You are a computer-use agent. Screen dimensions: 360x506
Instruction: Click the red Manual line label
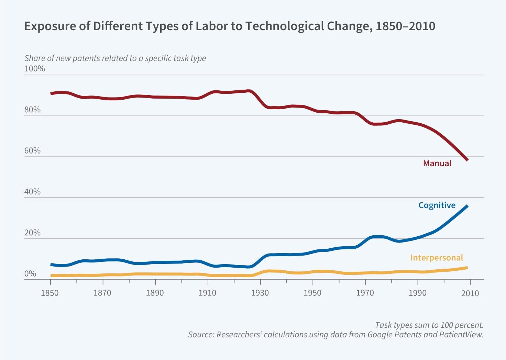(x=437, y=163)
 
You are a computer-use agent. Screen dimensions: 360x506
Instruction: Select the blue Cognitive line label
(x=437, y=205)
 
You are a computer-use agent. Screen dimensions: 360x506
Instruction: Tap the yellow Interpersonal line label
(x=436, y=258)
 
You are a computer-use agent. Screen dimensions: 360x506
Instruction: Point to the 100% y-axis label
(x=34, y=69)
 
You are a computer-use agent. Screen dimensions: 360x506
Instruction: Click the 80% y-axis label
(x=32, y=110)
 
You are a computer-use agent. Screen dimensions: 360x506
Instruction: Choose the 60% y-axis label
(x=32, y=150)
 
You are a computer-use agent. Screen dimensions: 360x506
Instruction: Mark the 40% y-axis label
(x=32, y=191)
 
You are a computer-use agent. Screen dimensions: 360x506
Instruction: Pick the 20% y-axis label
(x=32, y=233)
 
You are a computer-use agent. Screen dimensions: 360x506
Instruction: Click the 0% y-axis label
(x=30, y=273)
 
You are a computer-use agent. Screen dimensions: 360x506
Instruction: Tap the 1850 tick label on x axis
(x=50, y=293)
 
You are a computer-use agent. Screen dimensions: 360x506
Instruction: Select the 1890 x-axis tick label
(x=155, y=293)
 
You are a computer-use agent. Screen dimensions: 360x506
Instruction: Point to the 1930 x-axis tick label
(x=260, y=293)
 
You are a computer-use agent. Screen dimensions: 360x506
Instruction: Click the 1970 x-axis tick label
(x=365, y=293)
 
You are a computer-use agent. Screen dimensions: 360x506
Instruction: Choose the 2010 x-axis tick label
(x=470, y=293)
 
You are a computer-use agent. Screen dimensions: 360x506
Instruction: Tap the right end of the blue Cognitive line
(x=467, y=206)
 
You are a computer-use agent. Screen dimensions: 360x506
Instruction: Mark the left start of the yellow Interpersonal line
(x=51, y=275)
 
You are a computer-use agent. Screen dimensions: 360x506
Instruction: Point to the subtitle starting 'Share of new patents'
(x=115, y=58)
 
